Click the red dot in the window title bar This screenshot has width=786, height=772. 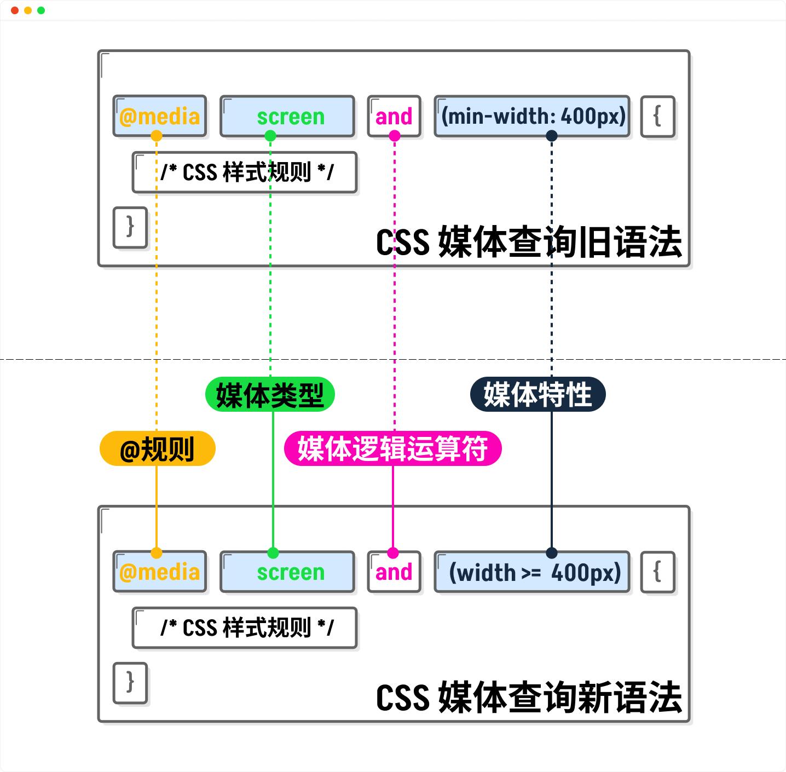[15, 10]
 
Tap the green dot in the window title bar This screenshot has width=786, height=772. [41, 10]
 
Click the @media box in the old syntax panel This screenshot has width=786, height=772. [159, 116]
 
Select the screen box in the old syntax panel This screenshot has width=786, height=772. [287, 116]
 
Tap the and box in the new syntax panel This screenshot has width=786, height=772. [394, 572]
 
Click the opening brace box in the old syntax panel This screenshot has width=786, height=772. [657, 116]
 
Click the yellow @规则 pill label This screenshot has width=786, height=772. [158, 448]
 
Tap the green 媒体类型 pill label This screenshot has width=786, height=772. [270, 394]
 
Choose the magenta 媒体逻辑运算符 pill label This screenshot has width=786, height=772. [393, 448]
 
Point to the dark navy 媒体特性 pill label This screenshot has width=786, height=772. [538, 394]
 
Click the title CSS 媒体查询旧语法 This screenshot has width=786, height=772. [529, 241]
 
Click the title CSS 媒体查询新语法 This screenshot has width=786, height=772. [529, 698]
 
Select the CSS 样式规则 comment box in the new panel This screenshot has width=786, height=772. [245, 627]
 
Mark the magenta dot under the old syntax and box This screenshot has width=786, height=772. [395, 136]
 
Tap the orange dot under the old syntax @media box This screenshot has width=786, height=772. [156, 136]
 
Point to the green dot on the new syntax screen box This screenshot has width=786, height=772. [273, 553]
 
